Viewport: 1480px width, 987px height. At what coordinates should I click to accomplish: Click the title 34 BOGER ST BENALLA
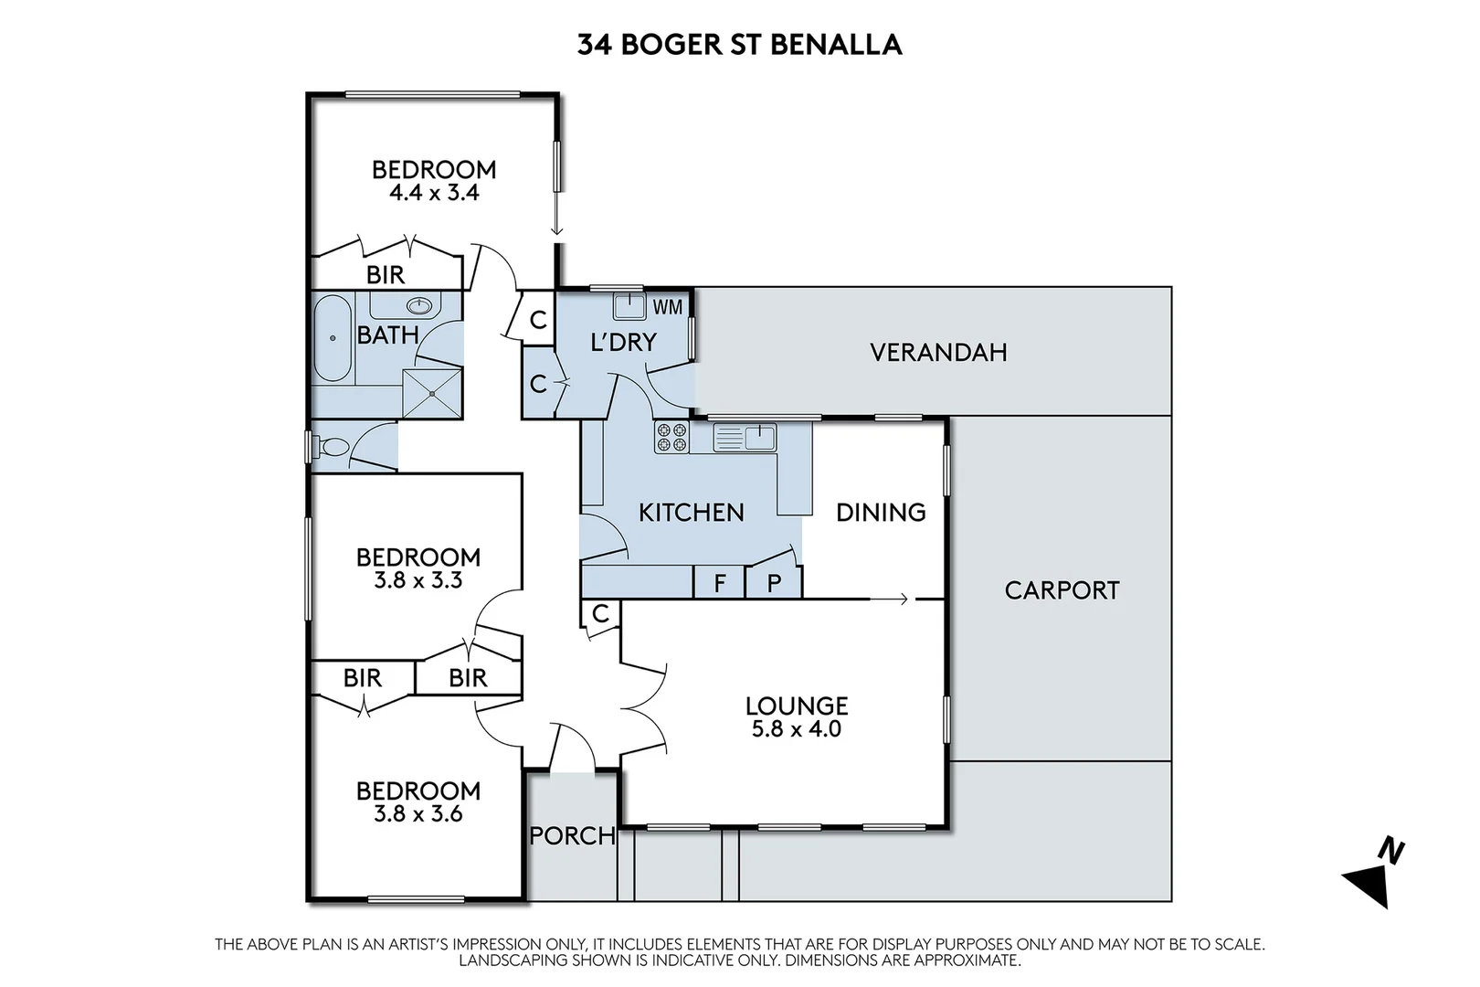739,45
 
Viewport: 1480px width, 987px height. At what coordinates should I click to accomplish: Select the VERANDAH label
938,353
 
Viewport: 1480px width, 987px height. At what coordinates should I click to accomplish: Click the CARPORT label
1062,590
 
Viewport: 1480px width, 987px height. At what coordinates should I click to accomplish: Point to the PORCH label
572,835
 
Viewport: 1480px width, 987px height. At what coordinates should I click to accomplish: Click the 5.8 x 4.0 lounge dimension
796,729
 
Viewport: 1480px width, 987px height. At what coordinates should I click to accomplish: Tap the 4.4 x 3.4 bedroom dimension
434,193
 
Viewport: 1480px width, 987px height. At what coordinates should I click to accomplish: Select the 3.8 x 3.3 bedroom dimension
418,580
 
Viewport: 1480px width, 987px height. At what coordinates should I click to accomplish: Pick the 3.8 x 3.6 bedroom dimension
418,813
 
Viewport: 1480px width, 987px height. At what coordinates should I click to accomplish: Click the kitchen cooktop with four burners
671,438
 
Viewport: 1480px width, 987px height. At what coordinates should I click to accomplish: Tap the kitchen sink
745,438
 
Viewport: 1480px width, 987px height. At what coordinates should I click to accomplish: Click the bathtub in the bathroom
332,338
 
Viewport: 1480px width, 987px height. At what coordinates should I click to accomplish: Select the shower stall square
432,393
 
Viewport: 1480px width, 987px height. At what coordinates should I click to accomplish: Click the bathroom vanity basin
419,305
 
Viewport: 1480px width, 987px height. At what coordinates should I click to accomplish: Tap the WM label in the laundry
667,307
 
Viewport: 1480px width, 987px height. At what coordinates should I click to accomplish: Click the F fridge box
720,582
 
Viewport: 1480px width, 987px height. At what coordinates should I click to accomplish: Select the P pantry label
774,583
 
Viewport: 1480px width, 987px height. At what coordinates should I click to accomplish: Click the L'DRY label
623,343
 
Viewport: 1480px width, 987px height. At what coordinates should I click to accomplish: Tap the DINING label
881,513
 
